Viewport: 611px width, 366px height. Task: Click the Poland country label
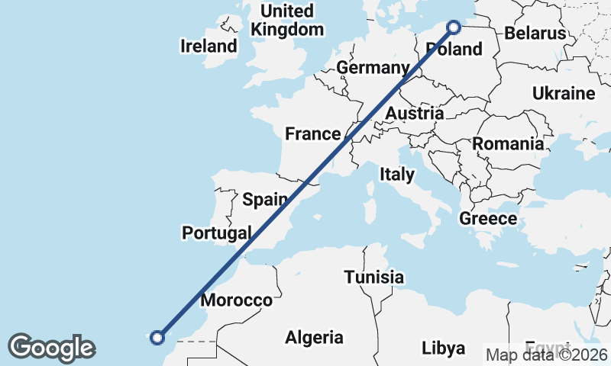point(454,50)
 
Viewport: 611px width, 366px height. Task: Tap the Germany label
point(373,68)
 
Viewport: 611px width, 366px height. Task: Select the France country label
point(312,134)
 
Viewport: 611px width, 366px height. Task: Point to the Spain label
point(264,201)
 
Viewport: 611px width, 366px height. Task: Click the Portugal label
point(217,233)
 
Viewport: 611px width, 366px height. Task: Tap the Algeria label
point(314,336)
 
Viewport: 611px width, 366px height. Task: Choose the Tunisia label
point(373,277)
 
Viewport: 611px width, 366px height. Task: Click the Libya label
point(443,348)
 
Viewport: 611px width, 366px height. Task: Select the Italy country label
point(397,175)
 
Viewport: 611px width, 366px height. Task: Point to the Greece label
point(488,219)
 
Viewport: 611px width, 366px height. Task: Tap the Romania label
point(508,143)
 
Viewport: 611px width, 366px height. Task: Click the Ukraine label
point(563,94)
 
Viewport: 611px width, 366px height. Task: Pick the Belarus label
point(535,34)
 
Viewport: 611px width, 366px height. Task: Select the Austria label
point(414,114)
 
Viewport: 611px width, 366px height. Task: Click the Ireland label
point(209,46)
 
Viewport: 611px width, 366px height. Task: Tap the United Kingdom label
point(287,21)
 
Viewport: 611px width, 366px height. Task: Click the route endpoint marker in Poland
point(454,27)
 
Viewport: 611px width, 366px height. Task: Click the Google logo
point(51,348)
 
